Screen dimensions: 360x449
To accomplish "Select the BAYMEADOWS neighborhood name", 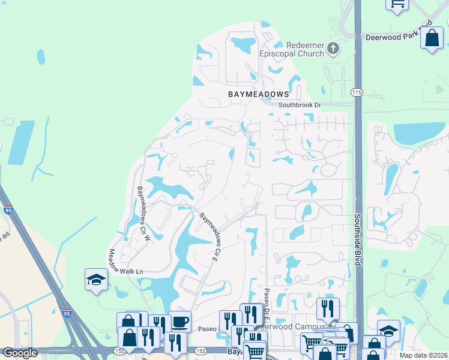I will pyautogui.click(x=258, y=94).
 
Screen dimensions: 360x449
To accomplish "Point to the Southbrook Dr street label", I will pyautogui.click(x=300, y=105).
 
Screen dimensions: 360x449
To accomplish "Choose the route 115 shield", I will pyautogui.click(x=358, y=92).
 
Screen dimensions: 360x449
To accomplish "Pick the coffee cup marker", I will pyautogui.click(x=180, y=321).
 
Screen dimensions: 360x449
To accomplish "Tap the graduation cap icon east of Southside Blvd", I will pyautogui.click(x=388, y=331).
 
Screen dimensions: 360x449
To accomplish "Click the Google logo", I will pyautogui.click(x=20, y=353).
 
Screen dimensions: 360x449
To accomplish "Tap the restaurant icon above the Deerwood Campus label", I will pyautogui.click(x=328, y=308).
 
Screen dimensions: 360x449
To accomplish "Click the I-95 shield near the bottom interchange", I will pyautogui.click(x=65, y=313).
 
